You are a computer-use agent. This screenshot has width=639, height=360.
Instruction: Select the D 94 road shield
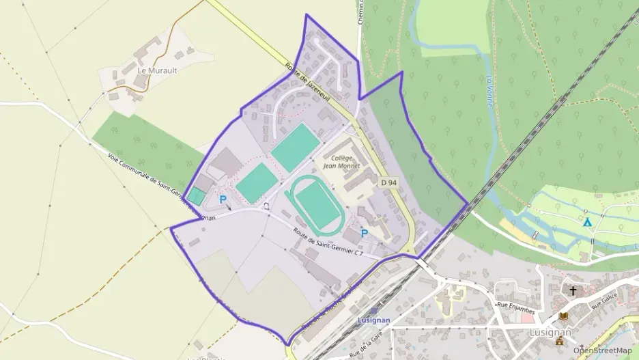(388, 182)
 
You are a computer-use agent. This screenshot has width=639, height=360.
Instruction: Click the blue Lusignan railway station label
(373, 320)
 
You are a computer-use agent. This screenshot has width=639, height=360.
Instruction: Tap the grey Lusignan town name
(550, 332)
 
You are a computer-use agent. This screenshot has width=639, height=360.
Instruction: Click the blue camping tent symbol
(586, 222)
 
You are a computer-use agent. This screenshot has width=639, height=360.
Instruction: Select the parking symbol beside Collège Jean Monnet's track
(364, 233)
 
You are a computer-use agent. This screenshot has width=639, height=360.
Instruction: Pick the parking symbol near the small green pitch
(223, 199)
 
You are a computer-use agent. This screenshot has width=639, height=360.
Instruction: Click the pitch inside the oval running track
(316, 206)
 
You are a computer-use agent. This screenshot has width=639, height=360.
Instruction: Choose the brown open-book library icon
(563, 316)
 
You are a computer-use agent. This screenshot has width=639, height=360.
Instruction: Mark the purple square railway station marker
(373, 311)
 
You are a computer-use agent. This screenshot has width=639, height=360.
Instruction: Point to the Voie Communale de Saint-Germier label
(161, 185)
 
